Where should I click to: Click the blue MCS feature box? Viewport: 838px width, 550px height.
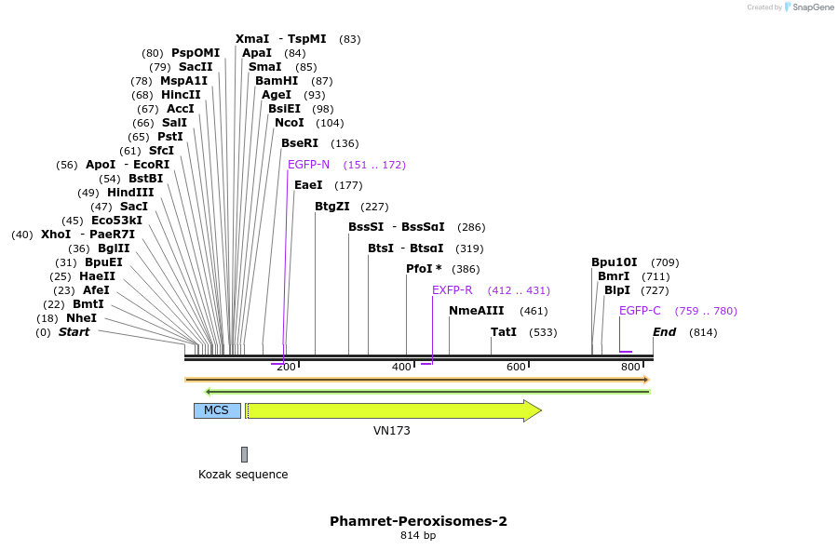(217, 410)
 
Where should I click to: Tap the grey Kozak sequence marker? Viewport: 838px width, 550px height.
(244, 454)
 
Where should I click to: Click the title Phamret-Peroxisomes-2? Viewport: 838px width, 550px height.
(418, 521)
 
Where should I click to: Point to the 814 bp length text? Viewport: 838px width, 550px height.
(418, 536)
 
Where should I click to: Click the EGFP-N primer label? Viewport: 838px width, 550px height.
(308, 165)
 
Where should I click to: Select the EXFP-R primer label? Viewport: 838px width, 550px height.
(453, 290)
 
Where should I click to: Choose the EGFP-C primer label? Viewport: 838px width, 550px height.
(640, 311)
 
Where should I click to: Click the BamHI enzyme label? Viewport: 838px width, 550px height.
(277, 81)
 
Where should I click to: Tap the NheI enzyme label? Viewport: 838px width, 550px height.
(81, 318)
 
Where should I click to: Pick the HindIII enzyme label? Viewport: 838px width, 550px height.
(130, 193)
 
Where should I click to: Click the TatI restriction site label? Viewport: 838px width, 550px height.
(504, 332)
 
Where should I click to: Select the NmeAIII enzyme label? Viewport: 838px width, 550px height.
(476, 311)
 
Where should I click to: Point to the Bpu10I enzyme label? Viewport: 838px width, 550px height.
(615, 262)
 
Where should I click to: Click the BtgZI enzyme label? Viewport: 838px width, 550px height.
(332, 207)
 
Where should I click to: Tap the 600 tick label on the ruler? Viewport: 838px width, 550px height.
(516, 368)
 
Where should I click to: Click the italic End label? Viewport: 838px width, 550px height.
(664, 332)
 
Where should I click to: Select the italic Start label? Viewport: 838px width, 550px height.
(74, 332)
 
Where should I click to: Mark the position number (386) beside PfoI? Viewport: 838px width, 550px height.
(466, 269)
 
